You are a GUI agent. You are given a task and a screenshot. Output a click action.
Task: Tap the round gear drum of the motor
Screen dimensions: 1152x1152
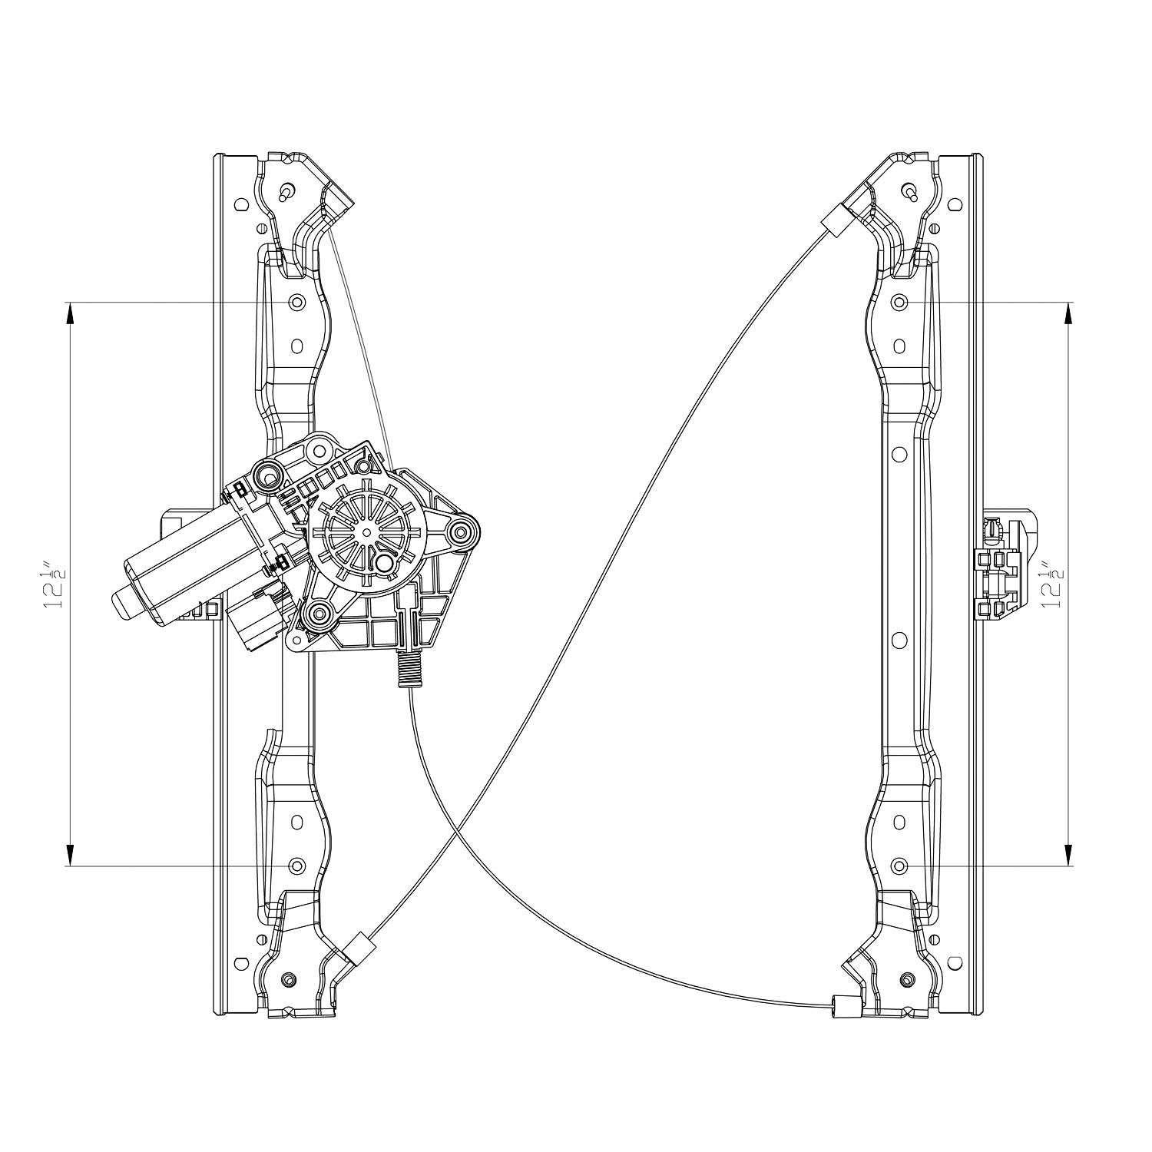pyautogui.click(x=366, y=531)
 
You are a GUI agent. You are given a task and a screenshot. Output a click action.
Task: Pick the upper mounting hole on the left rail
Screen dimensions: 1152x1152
pyautogui.click(x=296, y=302)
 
